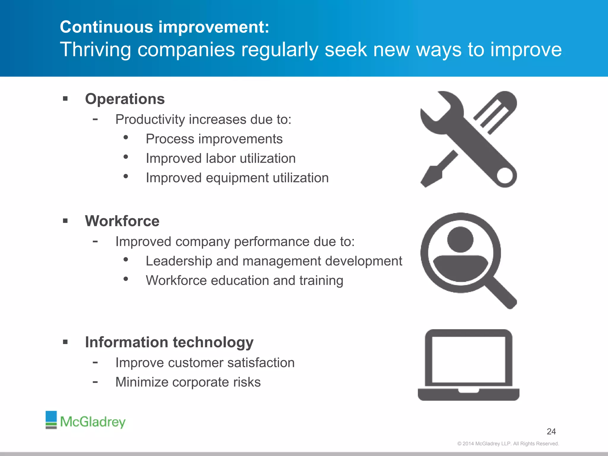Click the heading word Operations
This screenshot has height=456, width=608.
click(x=125, y=99)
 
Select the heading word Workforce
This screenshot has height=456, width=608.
click(x=122, y=221)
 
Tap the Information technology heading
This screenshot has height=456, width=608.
click(x=169, y=342)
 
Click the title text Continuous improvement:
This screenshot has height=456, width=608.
click(x=164, y=27)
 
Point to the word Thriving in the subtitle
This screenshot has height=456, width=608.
click(x=95, y=49)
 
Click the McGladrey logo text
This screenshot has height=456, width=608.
click(x=93, y=422)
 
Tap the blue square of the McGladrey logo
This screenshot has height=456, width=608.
click(x=51, y=416)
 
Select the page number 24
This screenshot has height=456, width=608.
click(x=551, y=431)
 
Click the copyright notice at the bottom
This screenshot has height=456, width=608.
click(x=508, y=444)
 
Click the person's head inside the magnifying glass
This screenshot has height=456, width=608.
click(x=460, y=239)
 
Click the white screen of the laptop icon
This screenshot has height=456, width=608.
click(x=468, y=360)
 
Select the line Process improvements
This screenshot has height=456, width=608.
click(x=214, y=139)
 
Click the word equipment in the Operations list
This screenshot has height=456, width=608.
click(x=237, y=178)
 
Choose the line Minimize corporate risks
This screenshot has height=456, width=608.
click(x=188, y=382)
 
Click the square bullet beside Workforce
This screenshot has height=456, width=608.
click(x=65, y=221)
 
